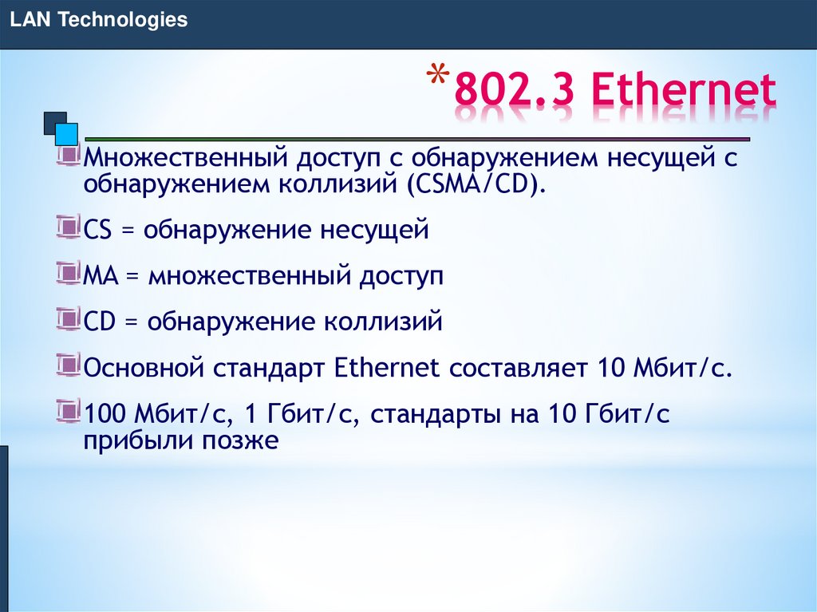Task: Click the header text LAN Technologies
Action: click(x=99, y=20)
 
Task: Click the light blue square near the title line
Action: click(x=68, y=133)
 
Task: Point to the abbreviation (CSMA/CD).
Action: click(x=477, y=185)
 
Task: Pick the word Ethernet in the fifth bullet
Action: click(x=387, y=369)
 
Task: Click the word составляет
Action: click(x=517, y=369)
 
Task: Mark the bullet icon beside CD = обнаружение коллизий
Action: click(x=69, y=320)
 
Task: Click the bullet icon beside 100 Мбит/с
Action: click(x=69, y=412)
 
